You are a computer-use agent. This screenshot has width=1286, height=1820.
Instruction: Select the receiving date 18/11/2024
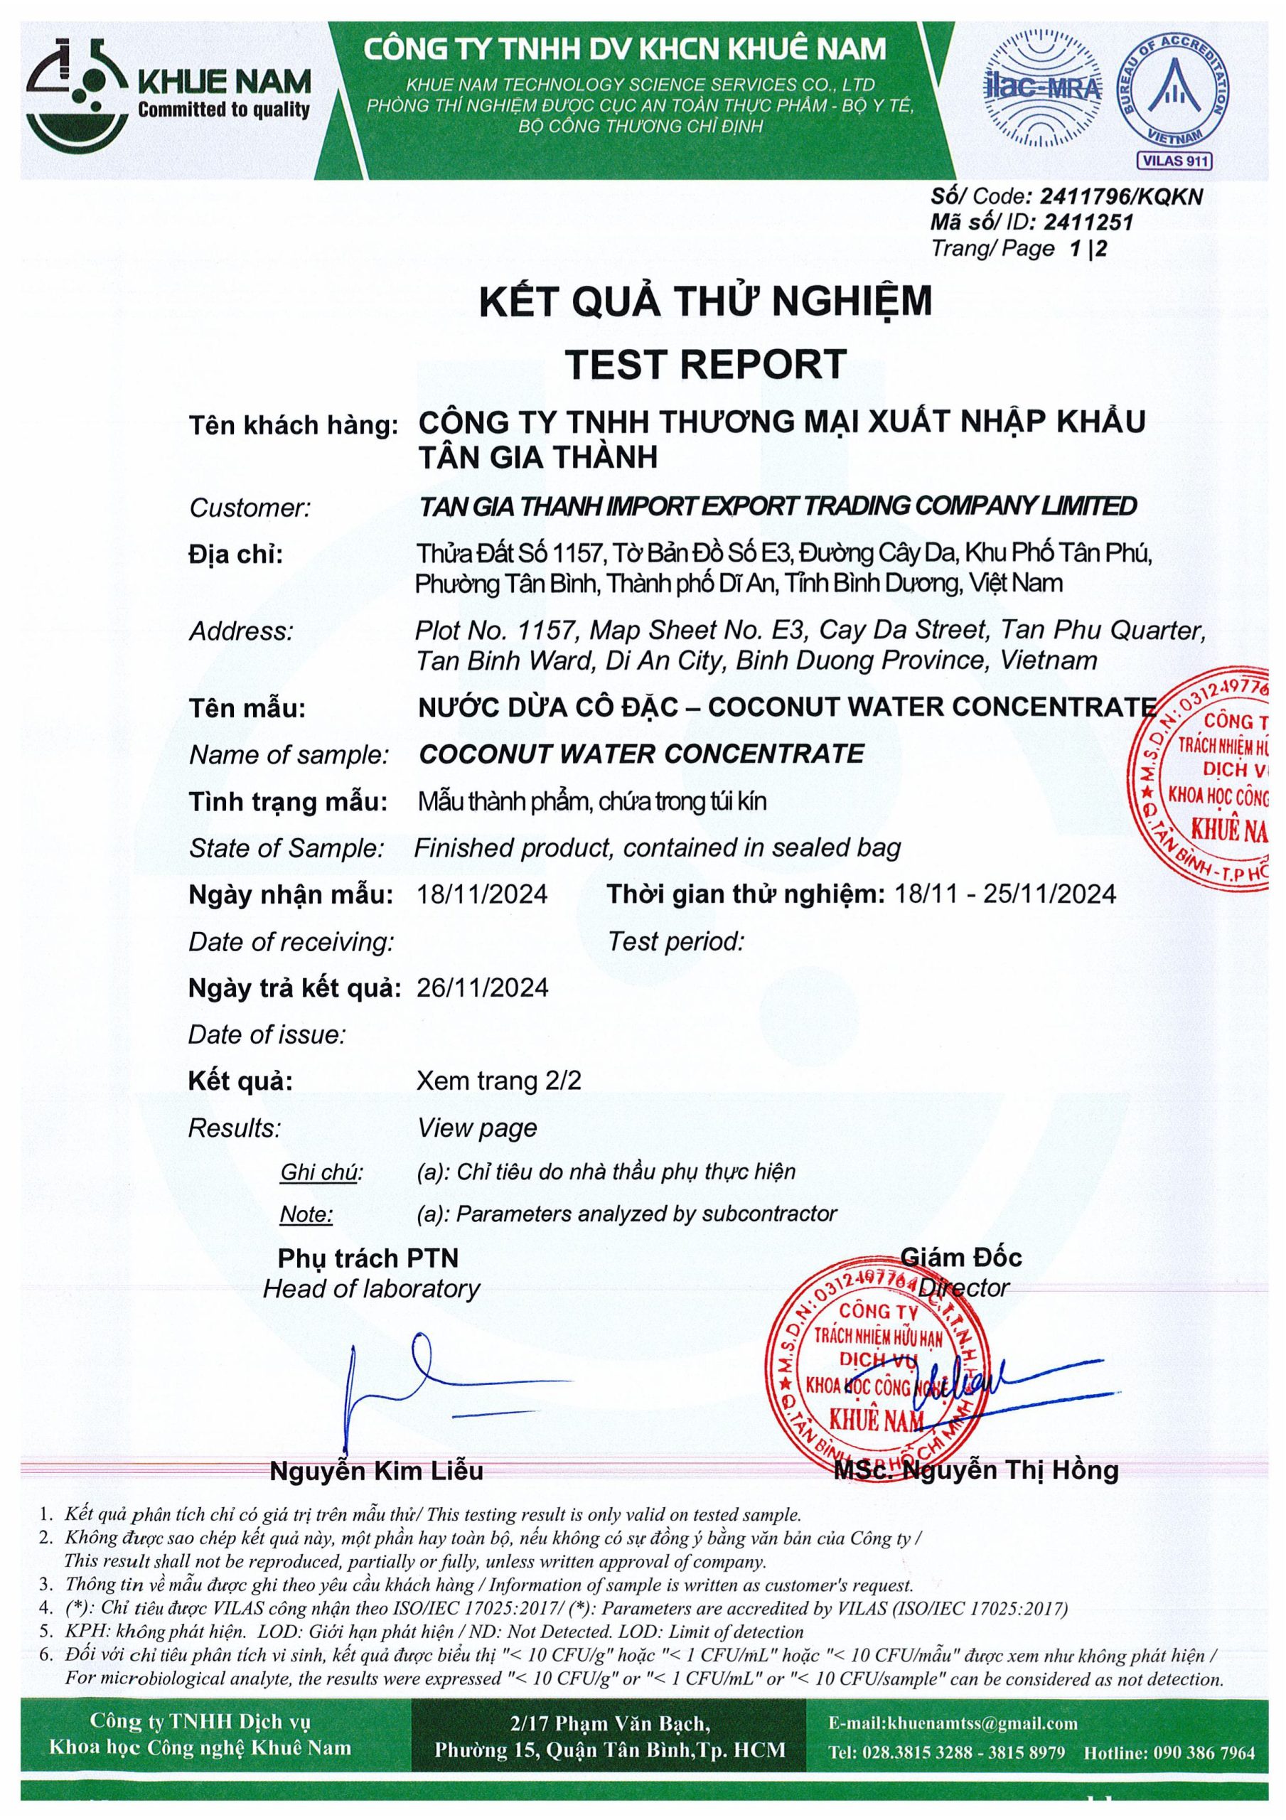click(482, 894)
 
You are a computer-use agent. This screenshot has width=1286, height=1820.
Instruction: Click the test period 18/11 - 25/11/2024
click(1004, 894)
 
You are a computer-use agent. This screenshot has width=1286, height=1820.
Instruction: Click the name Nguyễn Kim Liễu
click(377, 1470)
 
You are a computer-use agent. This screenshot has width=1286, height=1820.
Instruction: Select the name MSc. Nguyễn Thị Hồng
click(976, 1470)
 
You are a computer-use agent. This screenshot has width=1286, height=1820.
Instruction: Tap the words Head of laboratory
click(371, 1289)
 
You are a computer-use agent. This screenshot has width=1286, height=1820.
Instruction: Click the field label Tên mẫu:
click(247, 708)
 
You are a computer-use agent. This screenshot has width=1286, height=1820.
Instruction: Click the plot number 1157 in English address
click(544, 631)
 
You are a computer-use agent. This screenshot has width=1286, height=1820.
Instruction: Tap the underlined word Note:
click(306, 1214)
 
